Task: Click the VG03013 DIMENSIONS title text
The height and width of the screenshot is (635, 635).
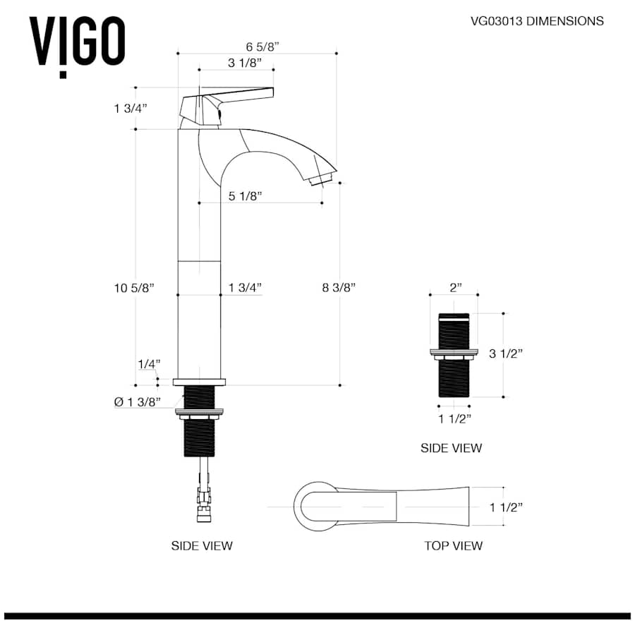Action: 537,21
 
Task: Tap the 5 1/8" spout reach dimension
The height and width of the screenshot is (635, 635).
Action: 245,197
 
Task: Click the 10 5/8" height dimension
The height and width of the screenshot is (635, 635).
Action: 133,287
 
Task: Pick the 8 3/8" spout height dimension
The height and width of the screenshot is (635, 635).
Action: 339,287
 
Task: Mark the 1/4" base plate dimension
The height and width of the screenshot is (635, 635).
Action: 148,364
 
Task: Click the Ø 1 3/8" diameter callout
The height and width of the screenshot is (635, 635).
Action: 138,402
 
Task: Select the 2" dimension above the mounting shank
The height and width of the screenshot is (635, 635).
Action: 455,287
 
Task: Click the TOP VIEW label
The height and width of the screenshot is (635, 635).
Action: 453,545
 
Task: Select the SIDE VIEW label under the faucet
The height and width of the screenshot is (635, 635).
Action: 202,545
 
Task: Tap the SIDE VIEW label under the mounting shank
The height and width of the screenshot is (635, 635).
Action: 451,447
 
